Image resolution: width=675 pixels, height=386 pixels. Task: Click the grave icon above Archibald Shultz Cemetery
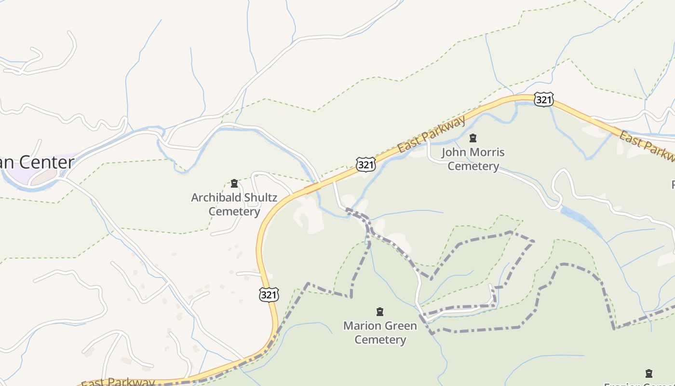pyautogui.click(x=234, y=183)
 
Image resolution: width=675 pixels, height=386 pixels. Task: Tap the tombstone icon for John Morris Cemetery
pyautogui.click(x=473, y=138)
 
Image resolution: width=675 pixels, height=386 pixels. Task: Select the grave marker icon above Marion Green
pyautogui.click(x=380, y=312)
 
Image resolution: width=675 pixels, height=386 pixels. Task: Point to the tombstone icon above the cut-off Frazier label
pyautogui.click(x=649, y=373)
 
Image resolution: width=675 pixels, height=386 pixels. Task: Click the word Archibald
pyautogui.click(x=216, y=197)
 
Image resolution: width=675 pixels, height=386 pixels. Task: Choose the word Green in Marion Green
pyautogui.click(x=400, y=326)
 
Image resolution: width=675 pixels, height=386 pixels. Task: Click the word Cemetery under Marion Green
pyautogui.click(x=380, y=340)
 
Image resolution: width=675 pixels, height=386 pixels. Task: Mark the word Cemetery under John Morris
pyautogui.click(x=473, y=166)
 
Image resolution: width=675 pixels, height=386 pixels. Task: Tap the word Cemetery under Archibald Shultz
pyautogui.click(x=234, y=211)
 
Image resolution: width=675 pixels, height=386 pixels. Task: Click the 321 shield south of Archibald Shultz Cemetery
pyautogui.click(x=269, y=294)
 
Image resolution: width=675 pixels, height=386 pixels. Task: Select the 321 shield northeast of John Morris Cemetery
pyautogui.click(x=543, y=99)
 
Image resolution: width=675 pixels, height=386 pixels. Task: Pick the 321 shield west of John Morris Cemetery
pyautogui.click(x=366, y=164)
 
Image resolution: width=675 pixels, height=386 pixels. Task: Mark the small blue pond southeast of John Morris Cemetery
pyautogui.click(x=579, y=217)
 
